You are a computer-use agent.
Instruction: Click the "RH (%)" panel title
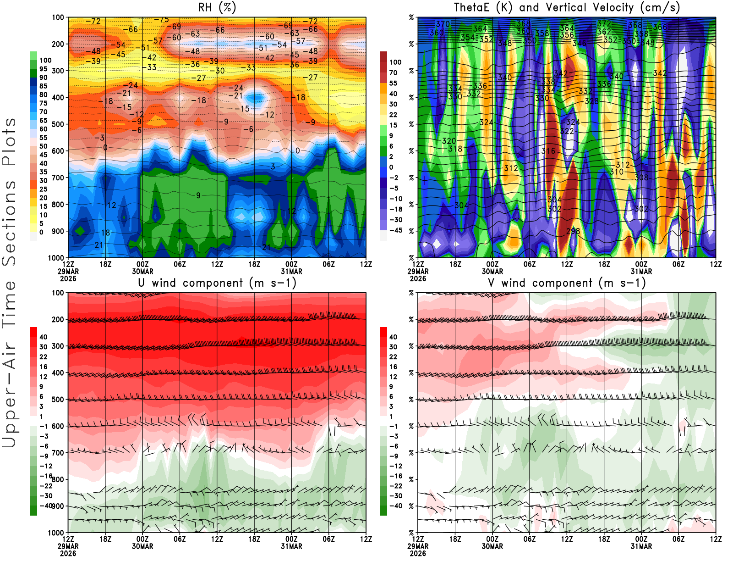[218, 7]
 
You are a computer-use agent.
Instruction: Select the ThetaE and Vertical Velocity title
[567, 7]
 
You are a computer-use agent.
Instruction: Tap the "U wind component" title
[218, 283]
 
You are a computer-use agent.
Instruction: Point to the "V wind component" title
[567, 283]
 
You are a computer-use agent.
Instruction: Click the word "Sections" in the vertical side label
[9, 223]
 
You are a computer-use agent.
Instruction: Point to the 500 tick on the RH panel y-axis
[58, 124]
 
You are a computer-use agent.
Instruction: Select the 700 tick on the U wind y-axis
[58, 453]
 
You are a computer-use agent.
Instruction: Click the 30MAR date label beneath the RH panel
[142, 271]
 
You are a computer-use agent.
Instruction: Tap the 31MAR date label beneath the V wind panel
[641, 546]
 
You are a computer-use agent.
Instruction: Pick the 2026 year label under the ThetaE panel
[418, 278]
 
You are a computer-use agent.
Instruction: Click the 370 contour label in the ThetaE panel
[443, 24]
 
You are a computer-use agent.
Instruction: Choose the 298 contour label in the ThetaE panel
[573, 231]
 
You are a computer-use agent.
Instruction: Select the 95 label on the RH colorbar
[43, 69]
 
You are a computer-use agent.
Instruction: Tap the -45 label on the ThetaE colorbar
[396, 230]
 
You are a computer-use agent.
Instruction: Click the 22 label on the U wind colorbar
[43, 357]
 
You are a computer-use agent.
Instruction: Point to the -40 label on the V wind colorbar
[396, 506]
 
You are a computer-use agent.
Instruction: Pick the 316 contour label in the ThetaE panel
[548, 151]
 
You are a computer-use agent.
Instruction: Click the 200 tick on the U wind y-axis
[58, 319]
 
